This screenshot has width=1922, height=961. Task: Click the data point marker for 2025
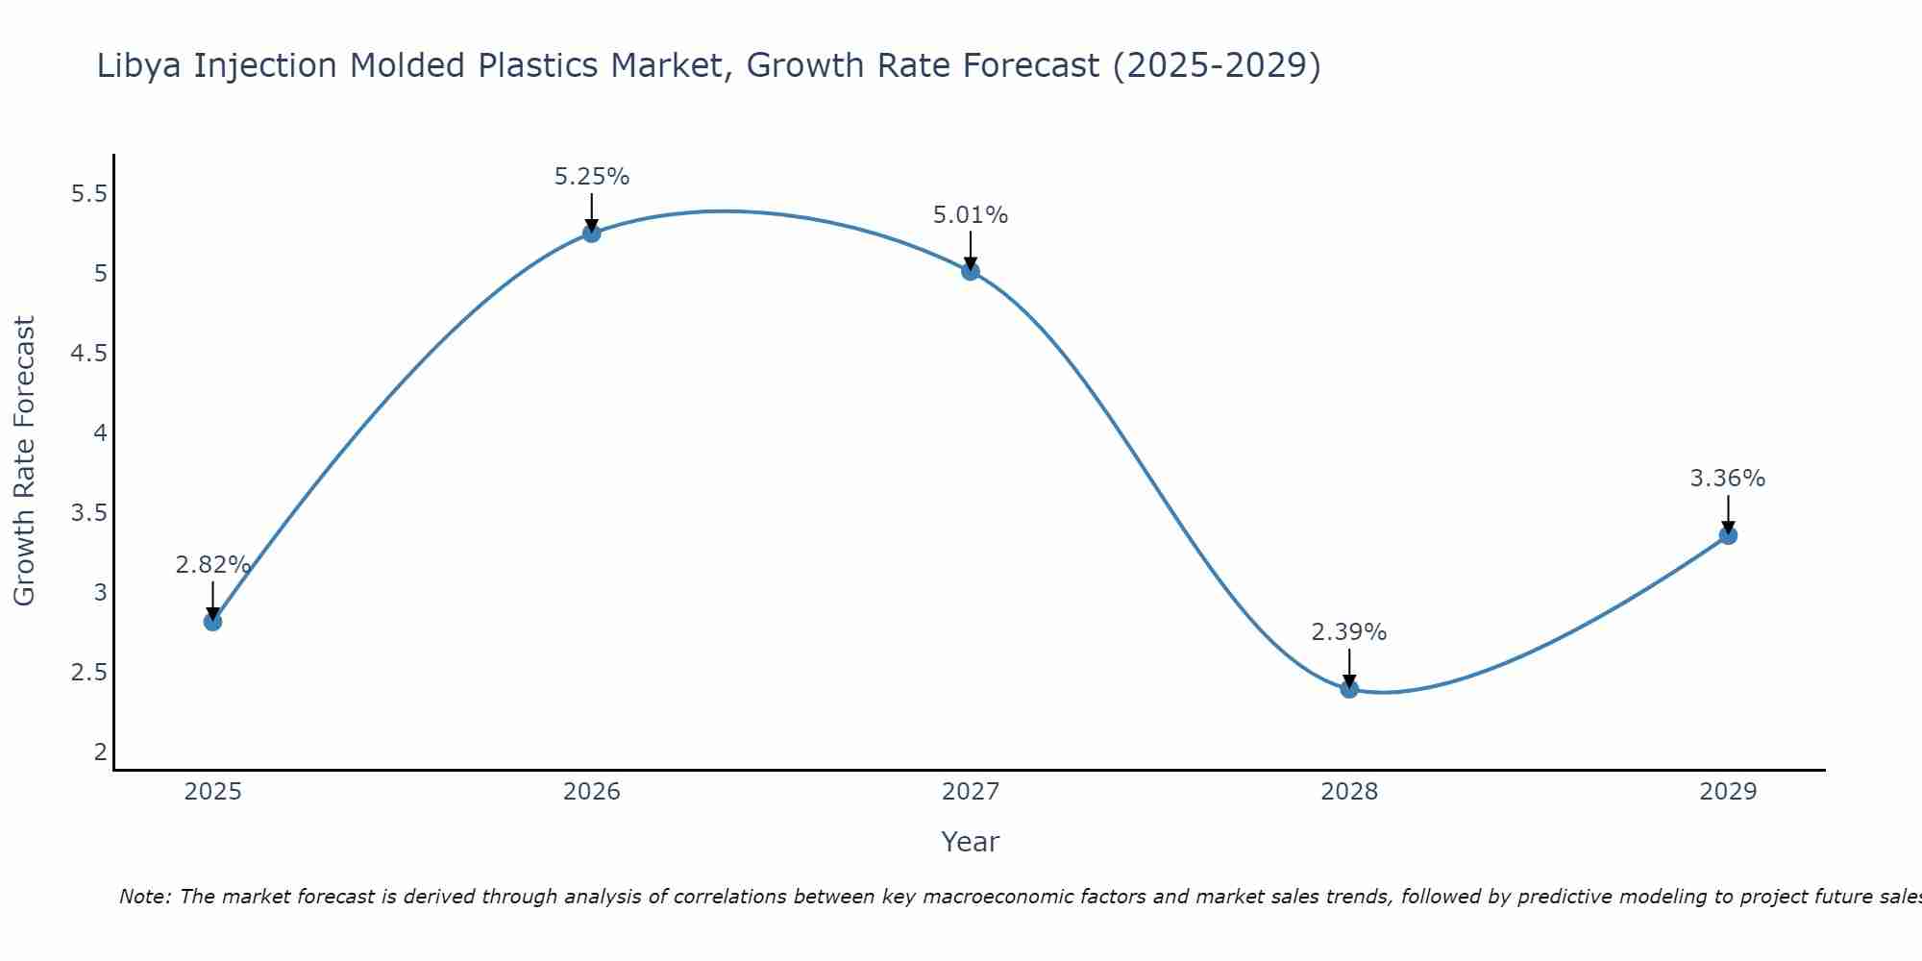click(x=212, y=622)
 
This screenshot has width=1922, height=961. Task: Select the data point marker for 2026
click(x=591, y=233)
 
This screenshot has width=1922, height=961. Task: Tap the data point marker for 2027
click(x=971, y=271)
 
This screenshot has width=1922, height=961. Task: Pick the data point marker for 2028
click(x=1349, y=688)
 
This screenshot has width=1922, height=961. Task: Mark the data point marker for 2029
click(x=1728, y=535)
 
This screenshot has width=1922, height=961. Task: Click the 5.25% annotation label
click(x=591, y=177)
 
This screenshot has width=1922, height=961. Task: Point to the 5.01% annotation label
click(x=971, y=215)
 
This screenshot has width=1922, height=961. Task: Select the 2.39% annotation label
click(x=1349, y=632)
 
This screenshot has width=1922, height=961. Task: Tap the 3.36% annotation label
click(x=1728, y=479)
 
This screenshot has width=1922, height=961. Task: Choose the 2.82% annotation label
click(x=212, y=565)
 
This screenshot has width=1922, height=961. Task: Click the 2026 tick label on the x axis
click(x=591, y=792)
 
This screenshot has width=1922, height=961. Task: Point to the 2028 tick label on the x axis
click(x=1349, y=792)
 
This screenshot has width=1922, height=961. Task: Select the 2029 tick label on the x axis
click(x=1728, y=792)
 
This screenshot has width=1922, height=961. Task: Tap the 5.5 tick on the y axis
click(x=89, y=194)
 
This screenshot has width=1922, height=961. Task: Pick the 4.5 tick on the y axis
click(x=89, y=354)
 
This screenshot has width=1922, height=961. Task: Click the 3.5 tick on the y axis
click(x=89, y=512)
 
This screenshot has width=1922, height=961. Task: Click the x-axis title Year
click(x=970, y=842)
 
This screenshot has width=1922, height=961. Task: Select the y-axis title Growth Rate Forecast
click(x=25, y=460)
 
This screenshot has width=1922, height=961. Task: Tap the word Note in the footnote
click(x=144, y=897)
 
